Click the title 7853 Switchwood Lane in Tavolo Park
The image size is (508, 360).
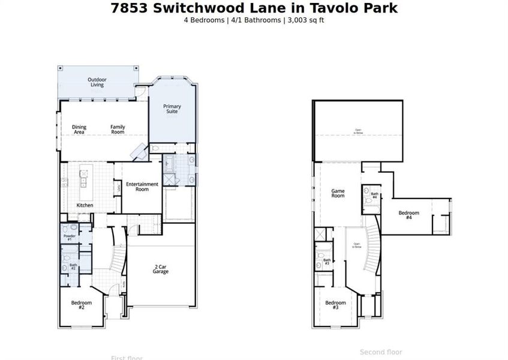[254, 8]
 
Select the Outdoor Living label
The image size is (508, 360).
[97, 82]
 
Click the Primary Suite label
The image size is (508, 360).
[172, 109]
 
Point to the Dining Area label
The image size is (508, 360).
[79, 129]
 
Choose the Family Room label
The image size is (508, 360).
[118, 129]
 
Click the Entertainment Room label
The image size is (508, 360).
[142, 186]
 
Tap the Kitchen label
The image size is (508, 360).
[85, 205]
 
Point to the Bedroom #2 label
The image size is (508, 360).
[82, 304]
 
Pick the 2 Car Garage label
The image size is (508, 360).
[160, 269]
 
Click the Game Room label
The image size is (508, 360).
[338, 193]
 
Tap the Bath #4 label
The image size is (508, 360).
[374, 195]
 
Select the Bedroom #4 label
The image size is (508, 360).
[408, 215]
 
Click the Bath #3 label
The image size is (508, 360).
[327, 262]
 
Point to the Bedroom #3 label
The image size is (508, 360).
[336, 305]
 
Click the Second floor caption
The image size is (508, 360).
[381, 352]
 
